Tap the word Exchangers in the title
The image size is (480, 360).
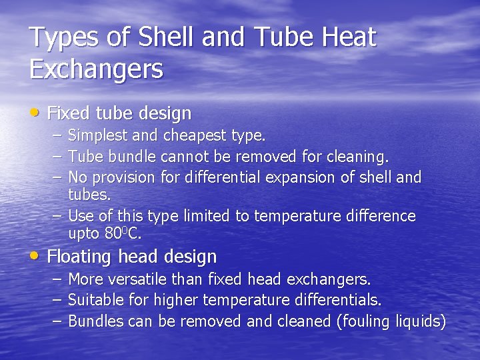pos(97,68)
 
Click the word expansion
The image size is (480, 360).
pos(299,177)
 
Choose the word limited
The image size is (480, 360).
pos(197,216)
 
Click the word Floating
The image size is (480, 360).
pos(80,256)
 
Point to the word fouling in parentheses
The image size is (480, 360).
pos(367,321)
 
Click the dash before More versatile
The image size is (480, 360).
pos(57,279)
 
